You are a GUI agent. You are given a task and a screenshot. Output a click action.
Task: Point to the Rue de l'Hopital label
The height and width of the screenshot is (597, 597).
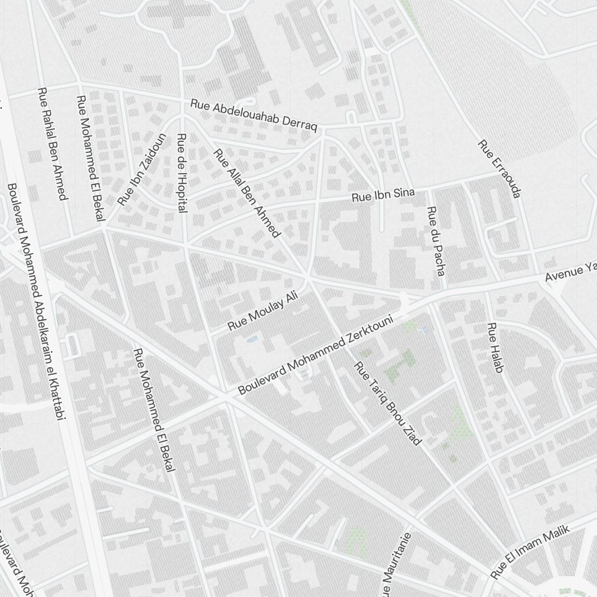coord(181,172)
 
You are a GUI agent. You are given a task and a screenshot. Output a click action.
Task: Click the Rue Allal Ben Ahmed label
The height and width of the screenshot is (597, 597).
coord(247,192)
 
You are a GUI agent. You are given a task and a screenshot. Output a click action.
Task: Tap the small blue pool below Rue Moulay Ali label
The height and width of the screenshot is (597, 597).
coord(252,338)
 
